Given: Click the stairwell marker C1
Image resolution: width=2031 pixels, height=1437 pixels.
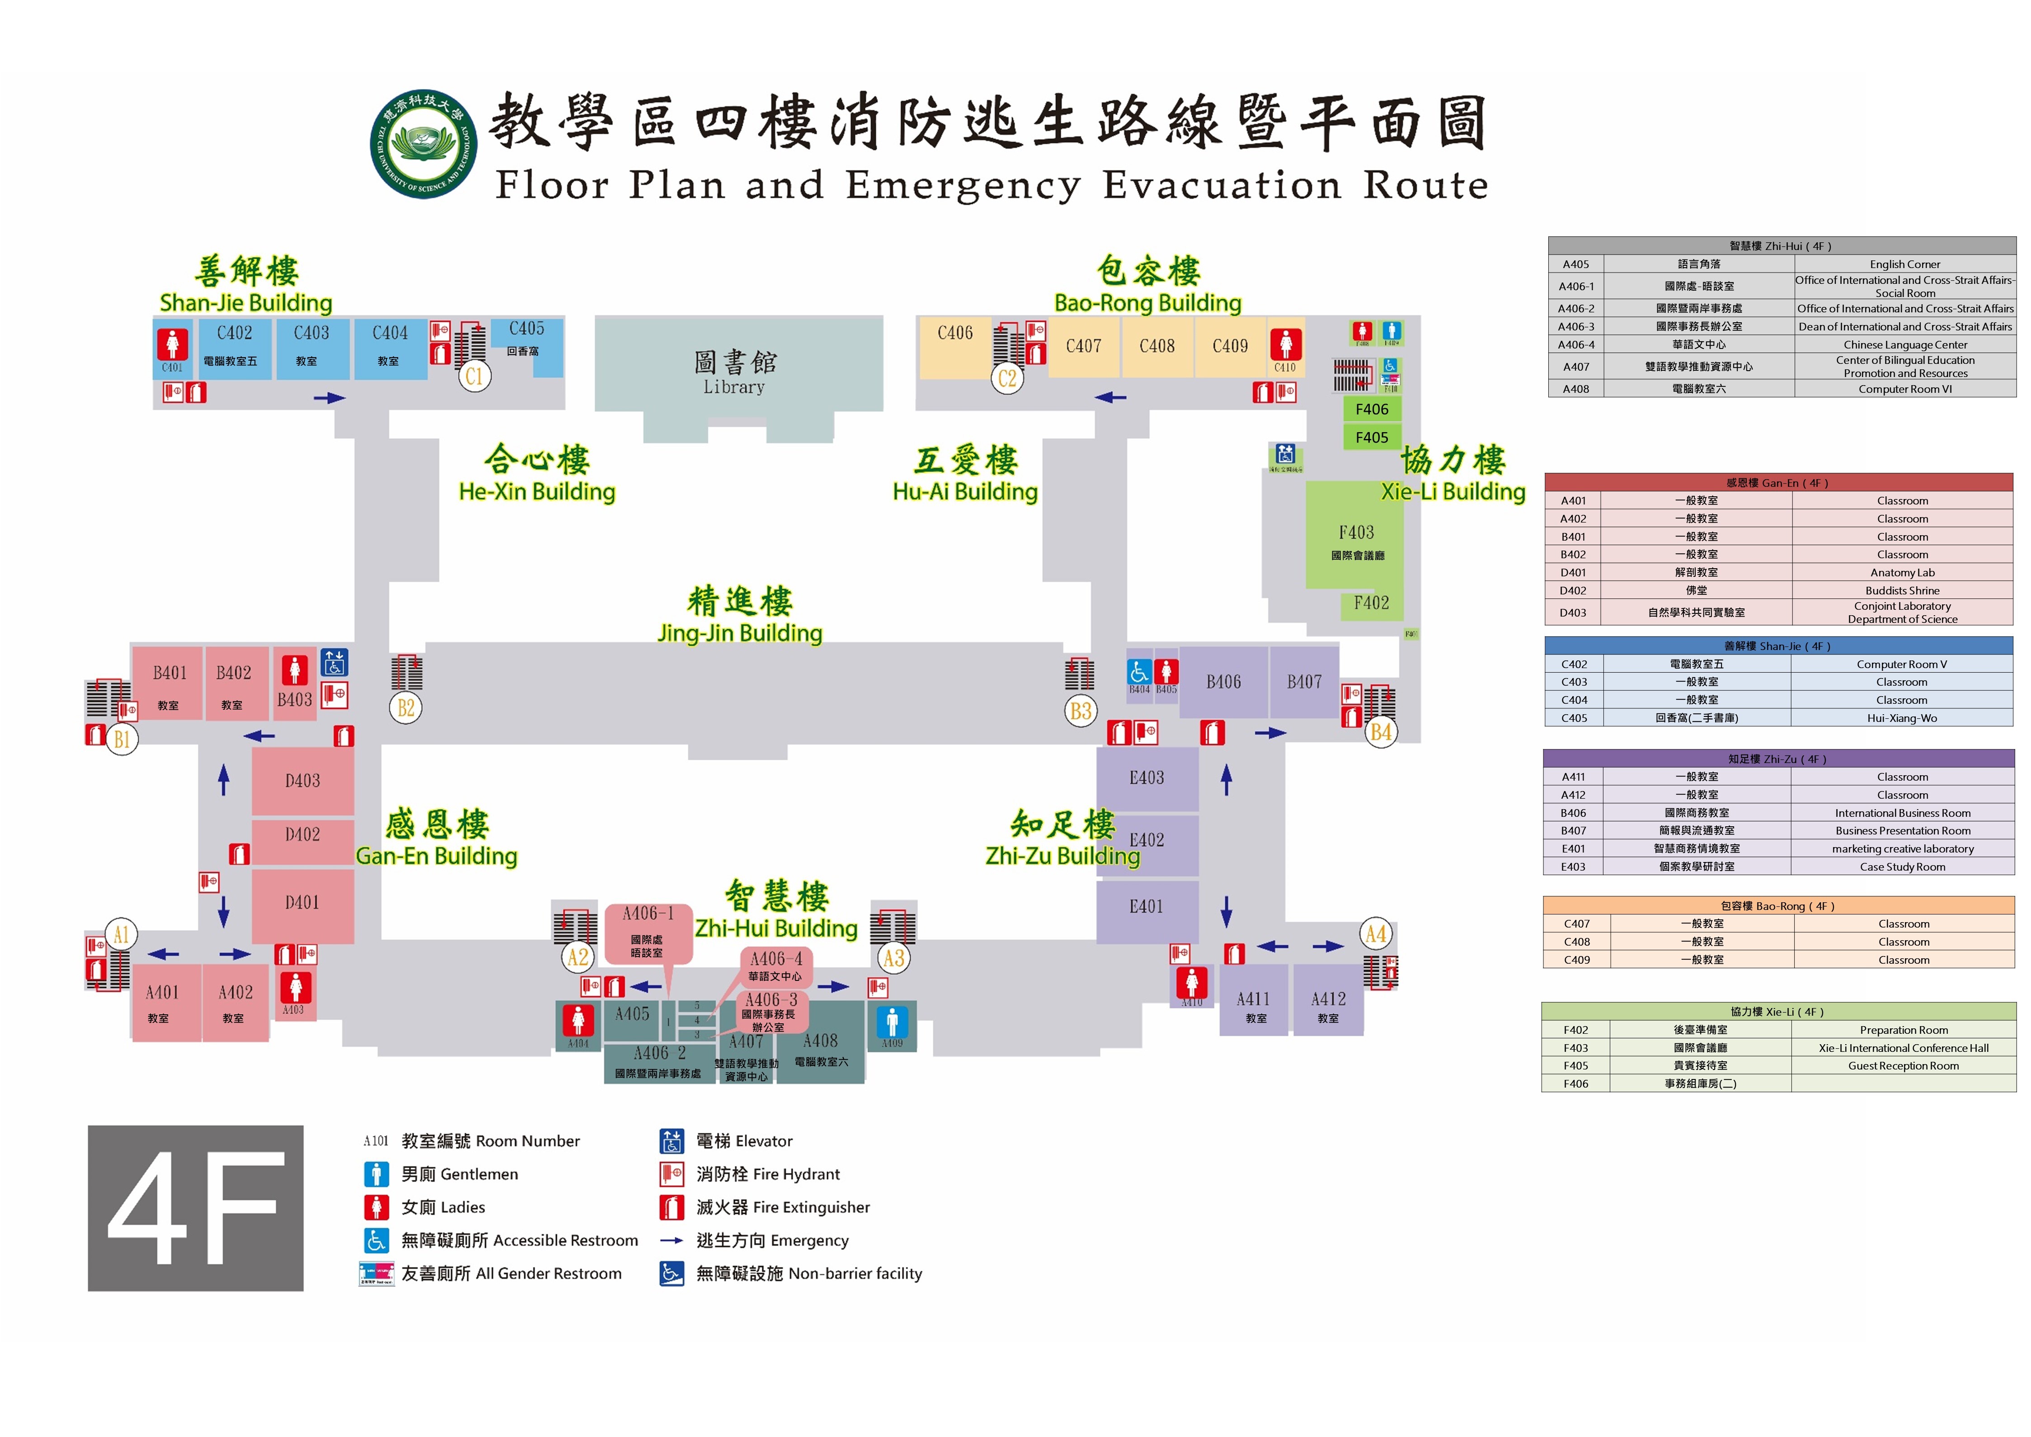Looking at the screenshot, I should click(x=474, y=376).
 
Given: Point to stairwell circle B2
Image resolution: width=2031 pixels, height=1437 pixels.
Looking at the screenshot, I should click(x=405, y=708).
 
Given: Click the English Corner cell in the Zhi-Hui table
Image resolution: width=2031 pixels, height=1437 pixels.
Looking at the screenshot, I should click(x=1904, y=264).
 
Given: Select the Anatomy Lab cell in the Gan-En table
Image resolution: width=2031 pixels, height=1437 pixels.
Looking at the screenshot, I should click(x=1902, y=573).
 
